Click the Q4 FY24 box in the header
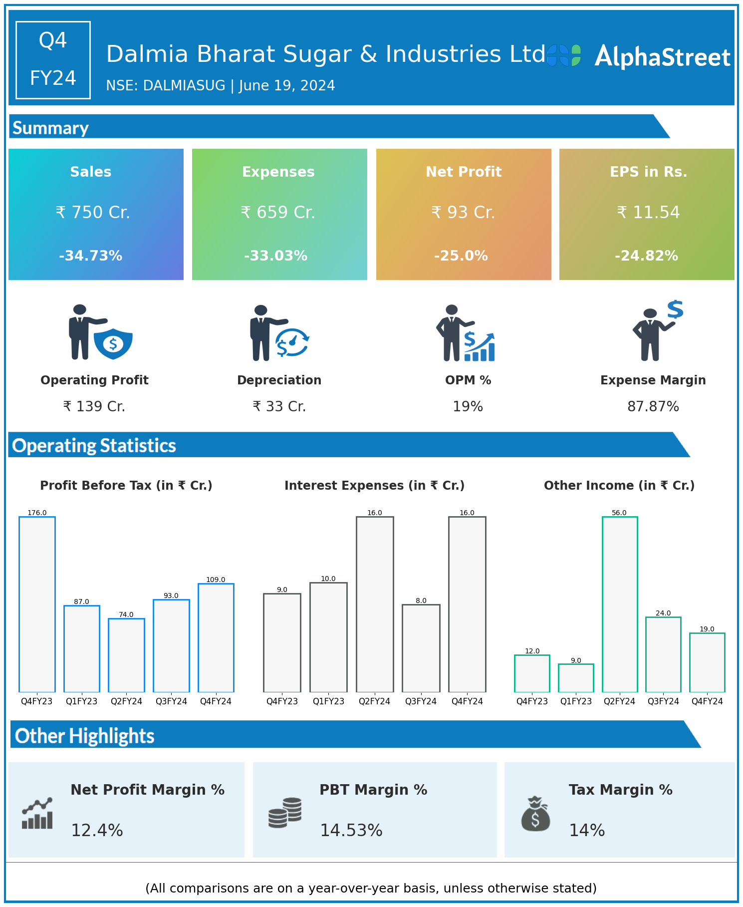53,60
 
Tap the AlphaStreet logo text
662,57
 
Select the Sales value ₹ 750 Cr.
93,213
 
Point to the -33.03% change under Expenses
275,256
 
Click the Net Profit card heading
464,172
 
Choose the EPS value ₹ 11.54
648,213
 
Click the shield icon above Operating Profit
113,343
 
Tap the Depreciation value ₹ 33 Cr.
279,407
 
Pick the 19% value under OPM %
468,407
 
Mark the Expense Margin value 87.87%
653,407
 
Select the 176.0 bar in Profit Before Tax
37,604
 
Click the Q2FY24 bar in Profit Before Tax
126,655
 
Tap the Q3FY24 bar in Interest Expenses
421,648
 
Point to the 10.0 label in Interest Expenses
328,579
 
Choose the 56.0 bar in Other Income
619,604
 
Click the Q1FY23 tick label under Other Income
576,701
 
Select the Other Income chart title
619,486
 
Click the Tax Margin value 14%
587,831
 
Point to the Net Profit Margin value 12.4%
97,831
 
